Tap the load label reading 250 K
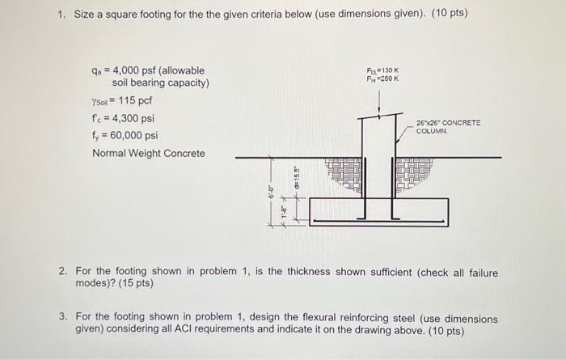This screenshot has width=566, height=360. click(x=382, y=78)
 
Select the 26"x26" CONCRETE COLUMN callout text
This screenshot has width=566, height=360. click(x=448, y=126)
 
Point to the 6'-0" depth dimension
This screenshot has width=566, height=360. click(x=271, y=192)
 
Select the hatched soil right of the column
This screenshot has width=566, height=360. click(x=415, y=173)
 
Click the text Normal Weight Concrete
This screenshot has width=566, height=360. click(x=149, y=153)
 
